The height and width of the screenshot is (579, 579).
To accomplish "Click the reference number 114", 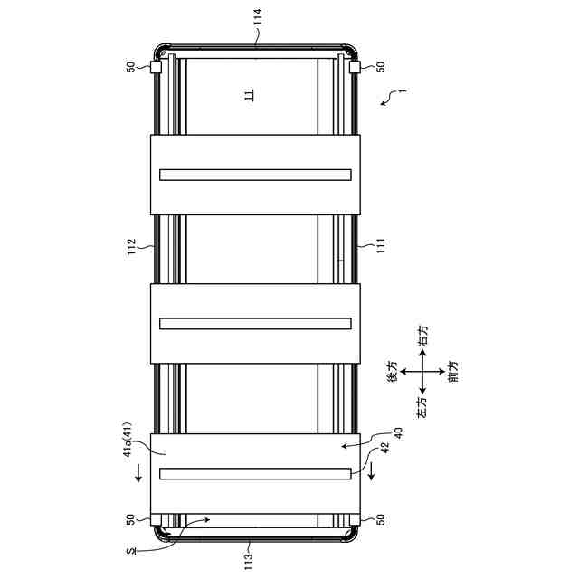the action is click(257, 16).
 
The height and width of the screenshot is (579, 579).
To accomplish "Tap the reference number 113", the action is click(249, 561).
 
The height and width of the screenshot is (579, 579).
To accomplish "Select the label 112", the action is click(131, 247).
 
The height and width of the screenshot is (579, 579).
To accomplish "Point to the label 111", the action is click(381, 246).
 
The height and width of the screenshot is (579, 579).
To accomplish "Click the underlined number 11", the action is click(250, 95).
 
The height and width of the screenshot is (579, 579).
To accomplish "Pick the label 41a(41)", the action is click(128, 440).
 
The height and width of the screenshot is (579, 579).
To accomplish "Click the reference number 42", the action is click(384, 449).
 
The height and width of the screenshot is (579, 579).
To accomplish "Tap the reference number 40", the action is click(398, 433).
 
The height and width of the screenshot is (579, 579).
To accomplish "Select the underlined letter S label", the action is click(131, 552).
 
